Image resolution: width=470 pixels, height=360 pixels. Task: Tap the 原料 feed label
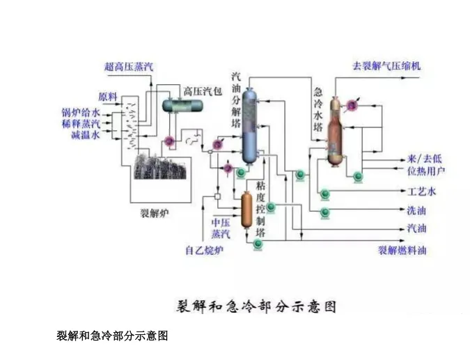click(x=108, y=95)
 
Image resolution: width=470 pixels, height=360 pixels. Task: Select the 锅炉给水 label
click(x=81, y=111)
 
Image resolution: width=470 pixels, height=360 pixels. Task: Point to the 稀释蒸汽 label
click(x=81, y=123)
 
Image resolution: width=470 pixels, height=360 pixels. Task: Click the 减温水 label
click(x=86, y=135)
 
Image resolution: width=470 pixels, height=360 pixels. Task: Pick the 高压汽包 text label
click(x=202, y=91)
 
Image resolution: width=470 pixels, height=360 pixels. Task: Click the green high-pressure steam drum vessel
click(x=182, y=106)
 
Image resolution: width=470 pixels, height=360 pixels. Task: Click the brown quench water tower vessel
click(x=337, y=130)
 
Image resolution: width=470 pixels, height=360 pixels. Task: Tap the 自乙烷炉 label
click(x=203, y=251)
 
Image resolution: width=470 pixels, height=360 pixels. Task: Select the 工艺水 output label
click(x=422, y=191)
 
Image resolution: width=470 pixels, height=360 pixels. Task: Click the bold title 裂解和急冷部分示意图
click(x=254, y=306)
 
